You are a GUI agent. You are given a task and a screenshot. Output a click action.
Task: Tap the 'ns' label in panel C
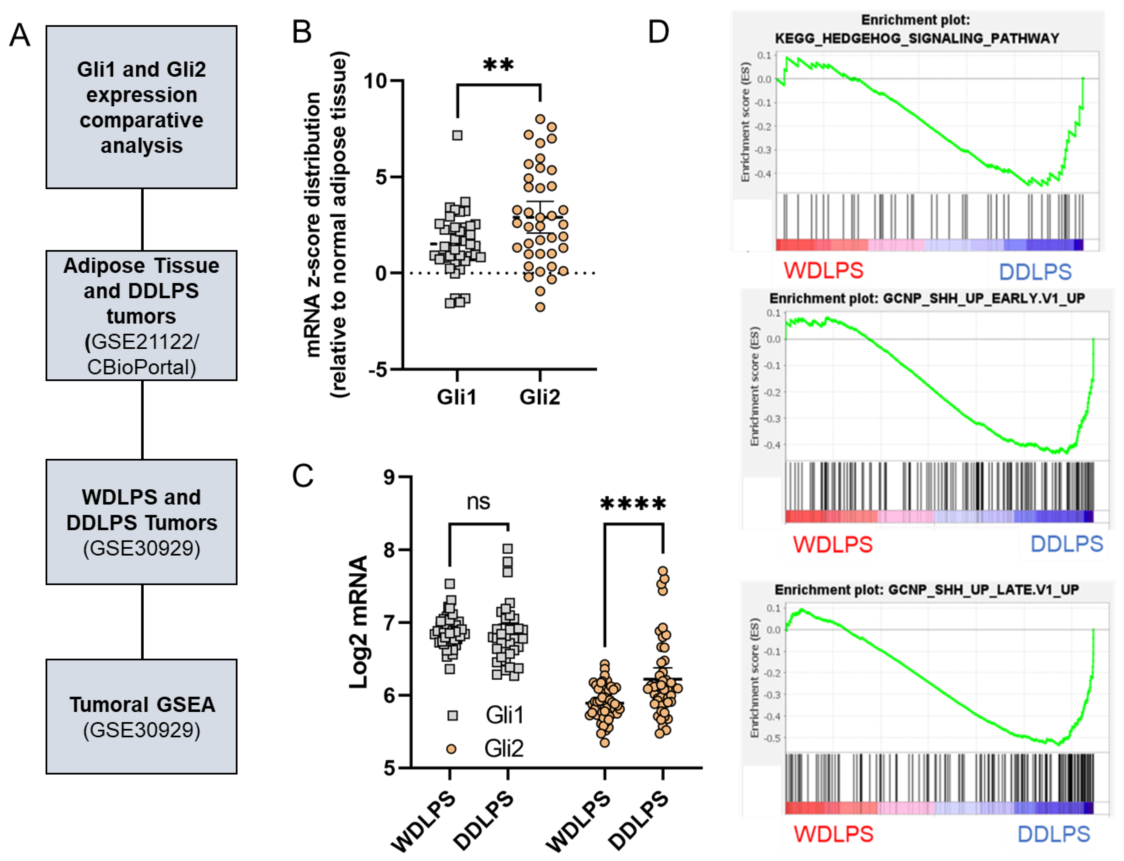(478, 502)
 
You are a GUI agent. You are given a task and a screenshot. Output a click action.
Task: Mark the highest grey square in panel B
(457, 135)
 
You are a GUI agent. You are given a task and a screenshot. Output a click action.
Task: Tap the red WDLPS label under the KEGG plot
(824, 270)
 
